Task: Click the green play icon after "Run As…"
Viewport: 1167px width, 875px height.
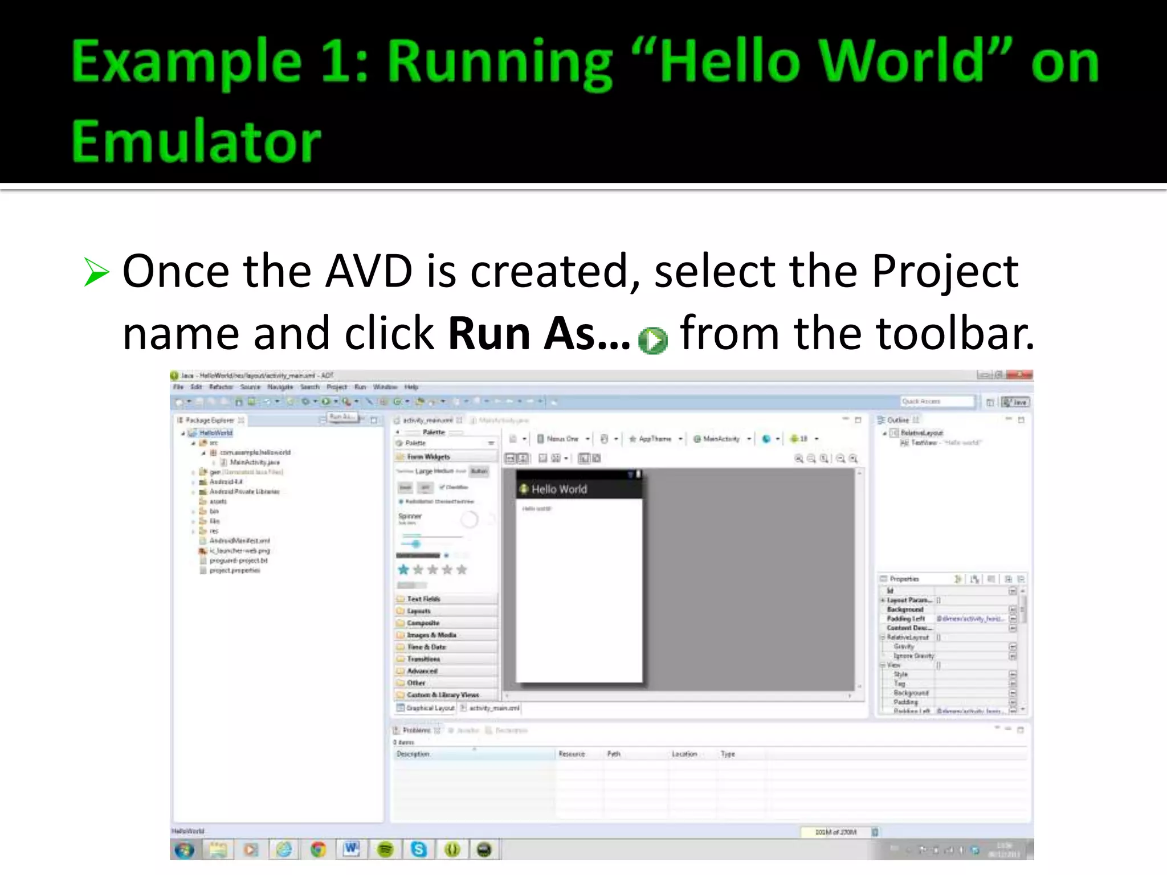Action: pyautogui.click(x=652, y=341)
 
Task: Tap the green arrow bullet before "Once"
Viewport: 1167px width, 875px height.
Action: pyautogui.click(x=96, y=272)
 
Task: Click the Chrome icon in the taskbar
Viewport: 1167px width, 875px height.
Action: pyautogui.click(x=318, y=849)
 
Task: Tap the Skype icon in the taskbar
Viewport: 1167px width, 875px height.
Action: pyautogui.click(x=419, y=849)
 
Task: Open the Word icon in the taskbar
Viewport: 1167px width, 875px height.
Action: pyautogui.click(x=352, y=849)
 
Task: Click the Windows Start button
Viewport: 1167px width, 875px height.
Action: pyautogui.click(x=184, y=850)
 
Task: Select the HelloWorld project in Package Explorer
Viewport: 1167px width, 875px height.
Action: pyautogui.click(x=215, y=433)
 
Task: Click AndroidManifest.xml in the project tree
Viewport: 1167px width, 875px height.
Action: pyautogui.click(x=239, y=541)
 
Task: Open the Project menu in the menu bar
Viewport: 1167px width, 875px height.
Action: pyautogui.click(x=336, y=387)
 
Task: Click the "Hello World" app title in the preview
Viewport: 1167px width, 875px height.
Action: pyautogui.click(x=558, y=489)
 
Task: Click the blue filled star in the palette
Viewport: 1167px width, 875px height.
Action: pyautogui.click(x=403, y=569)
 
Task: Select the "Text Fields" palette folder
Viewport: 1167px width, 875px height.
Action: pyautogui.click(x=423, y=599)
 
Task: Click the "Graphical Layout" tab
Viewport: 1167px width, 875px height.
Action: pyautogui.click(x=430, y=708)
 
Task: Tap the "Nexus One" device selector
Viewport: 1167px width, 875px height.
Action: pyautogui.click(x=562, y=439)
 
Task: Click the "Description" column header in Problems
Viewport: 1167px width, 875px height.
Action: pyautogui.click(x=413, y=754)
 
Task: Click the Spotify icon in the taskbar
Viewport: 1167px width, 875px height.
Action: pyautogui.click(x=386, y=849)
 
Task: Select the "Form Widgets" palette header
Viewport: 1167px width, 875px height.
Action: pyautogui.click(x=429, y=457)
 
